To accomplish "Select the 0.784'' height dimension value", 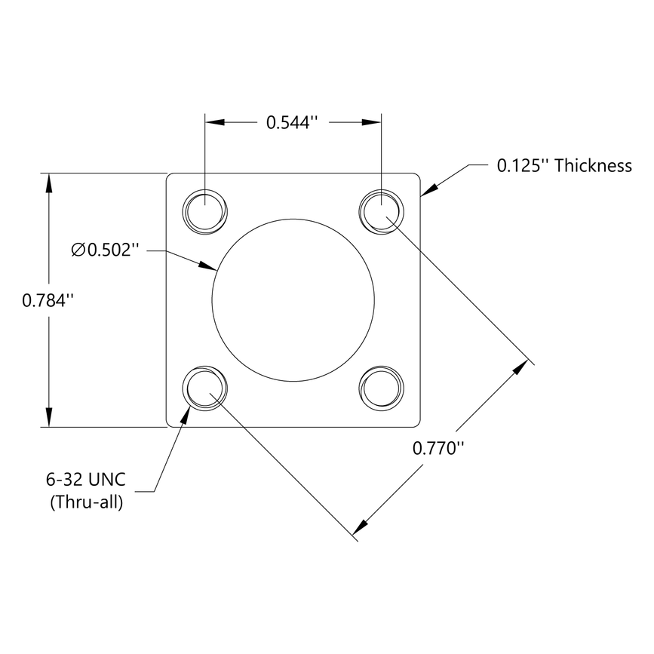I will click(48, 299).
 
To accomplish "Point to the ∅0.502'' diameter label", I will click(106, 250).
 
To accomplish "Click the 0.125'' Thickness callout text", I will click(563, 166).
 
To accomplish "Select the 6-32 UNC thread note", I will click(84, 480).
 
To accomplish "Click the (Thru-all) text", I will click(86, 501).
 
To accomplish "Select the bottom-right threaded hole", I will click(382, 388).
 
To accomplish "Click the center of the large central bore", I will click(293, 299).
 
